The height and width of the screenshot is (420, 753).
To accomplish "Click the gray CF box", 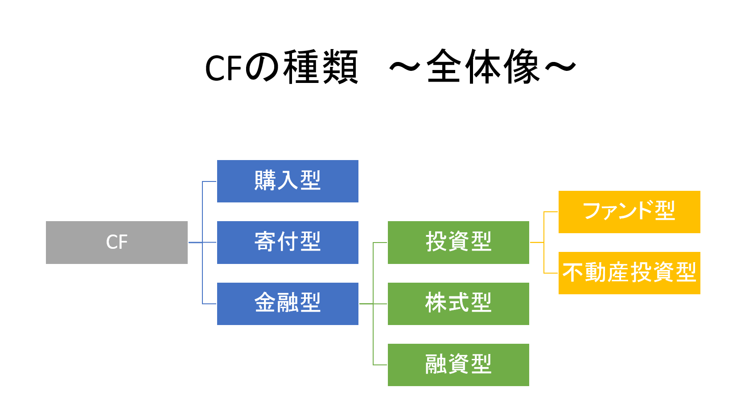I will pyautogui.click(x=116, y=242).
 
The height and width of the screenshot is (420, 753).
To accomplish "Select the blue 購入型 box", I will pyautogui.click(x=288, y=181).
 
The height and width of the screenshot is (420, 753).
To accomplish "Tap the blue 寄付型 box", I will pyautogui.click(x=288, y=242).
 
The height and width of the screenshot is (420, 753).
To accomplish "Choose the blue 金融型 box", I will pyautogui.click(x=288, y=304).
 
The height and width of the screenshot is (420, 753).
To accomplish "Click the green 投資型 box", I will pyautogui.click(x=458, y=242).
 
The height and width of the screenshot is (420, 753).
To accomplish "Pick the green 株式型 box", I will pyautogui.click(x=458, y=304).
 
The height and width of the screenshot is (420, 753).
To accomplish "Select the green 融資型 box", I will pyautogui.click(x=458, y=365).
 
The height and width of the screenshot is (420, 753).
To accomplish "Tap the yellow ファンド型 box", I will pyautogui.click(x=629, y=212).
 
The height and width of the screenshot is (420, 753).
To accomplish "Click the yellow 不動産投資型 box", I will pyautogui.click(x=629, y=273).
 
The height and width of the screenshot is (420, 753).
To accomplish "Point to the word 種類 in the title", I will pyautogui.click(x=321, y=68).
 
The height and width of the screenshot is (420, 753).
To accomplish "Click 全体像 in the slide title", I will pyautogui.click(x=484, y=68).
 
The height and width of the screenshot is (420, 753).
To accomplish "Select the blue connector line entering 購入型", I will pyautogui.click(x=210, y=181).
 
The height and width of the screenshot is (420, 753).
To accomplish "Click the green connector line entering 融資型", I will pyautogui.click(x=380, y=365).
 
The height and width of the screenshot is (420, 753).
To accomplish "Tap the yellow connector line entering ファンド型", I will pyautogui.click(x=551, y=212).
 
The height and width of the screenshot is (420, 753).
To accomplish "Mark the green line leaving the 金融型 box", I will pyautogui.click(x=366, y=304).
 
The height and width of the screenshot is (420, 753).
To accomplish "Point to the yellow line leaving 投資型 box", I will pyautogui.click(x=537, y=243).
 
